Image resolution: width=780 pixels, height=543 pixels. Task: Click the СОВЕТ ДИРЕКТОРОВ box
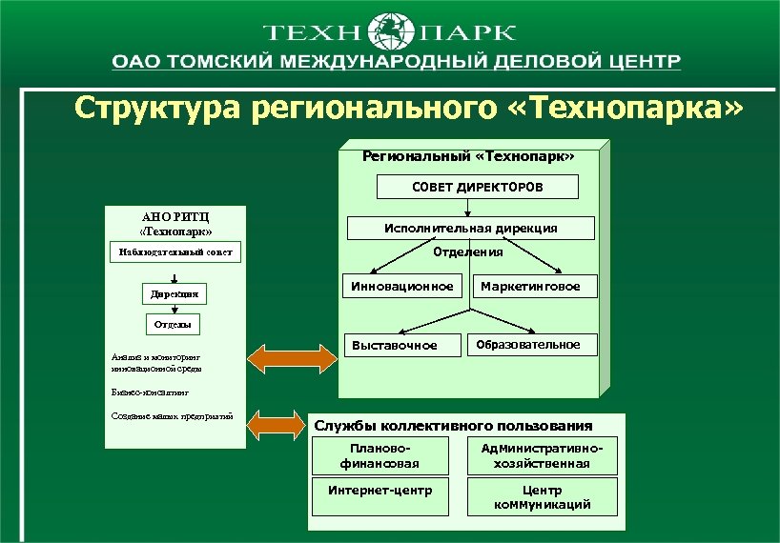(x=477, y=188)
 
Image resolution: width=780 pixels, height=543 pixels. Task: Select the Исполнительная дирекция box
(x=470, y=229)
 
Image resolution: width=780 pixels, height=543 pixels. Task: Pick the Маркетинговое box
(x=530, y=286)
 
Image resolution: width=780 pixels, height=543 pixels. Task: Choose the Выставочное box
(x=395, y=345)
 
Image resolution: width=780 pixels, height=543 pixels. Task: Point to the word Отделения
(x=468, y=252)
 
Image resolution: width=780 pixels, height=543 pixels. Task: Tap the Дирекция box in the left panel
(x=173, y=295)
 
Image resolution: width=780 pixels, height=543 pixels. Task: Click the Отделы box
(x=173, y=325)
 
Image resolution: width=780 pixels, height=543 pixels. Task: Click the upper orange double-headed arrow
(x=283, y=358)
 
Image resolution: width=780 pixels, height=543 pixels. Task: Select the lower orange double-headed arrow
(x=283, y=420)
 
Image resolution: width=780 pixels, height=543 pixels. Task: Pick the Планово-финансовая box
(x=380, y=455)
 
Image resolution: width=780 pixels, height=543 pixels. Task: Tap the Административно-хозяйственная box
(x=541, y=455)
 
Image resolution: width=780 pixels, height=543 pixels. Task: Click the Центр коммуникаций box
(x=541, y=496)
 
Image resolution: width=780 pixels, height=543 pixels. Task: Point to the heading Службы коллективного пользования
(x=453, y=426)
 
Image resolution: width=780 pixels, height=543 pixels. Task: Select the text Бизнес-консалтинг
(x=150, y=392)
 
